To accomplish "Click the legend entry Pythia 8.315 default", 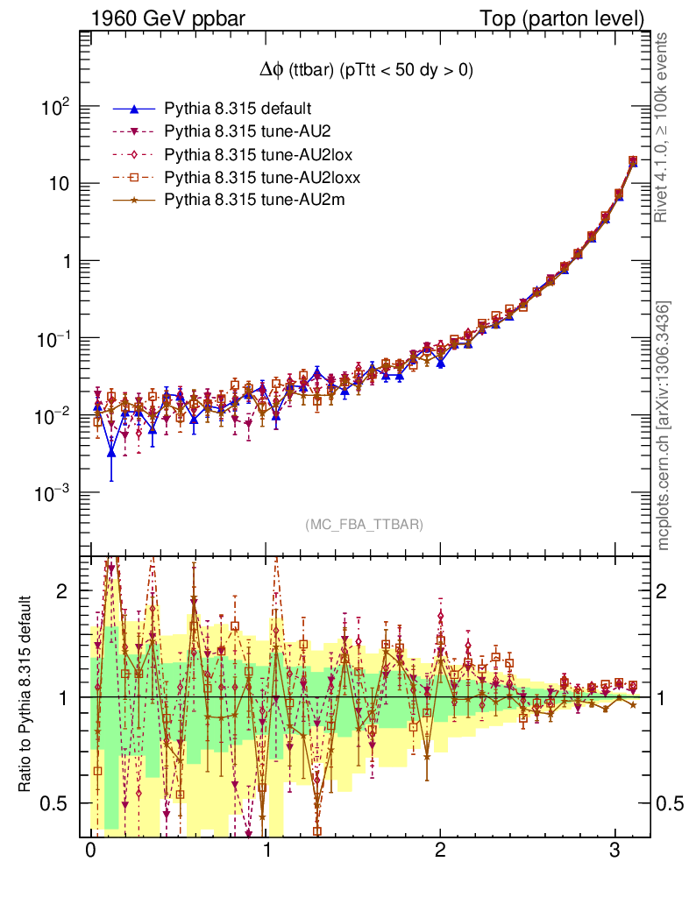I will pyautogui.click(x=238, y=109).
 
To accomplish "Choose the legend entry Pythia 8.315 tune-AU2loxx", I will pyautogui.click(x=253, y=177).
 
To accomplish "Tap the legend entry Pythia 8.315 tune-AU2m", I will pyautogui.click(x=244, y=200).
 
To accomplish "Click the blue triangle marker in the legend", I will pyautogui.click(x=134, y=109).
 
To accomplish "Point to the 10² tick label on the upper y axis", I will pyautogui.click(x=55, y=108).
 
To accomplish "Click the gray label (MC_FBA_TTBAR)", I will pyautogui.click(x=365, y=525).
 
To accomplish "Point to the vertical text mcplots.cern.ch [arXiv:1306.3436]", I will pyautogui.click(x=664, y=426).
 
